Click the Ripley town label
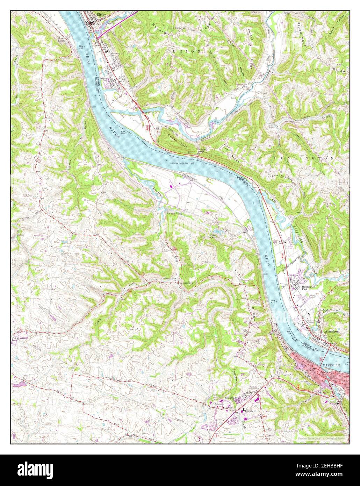click(x=101, y=15)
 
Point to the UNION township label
click(x=187, y=51)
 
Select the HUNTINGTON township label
click(x=304, y=158)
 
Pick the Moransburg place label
click(x=186, y=282)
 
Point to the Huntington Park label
click(x=309, y=287)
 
